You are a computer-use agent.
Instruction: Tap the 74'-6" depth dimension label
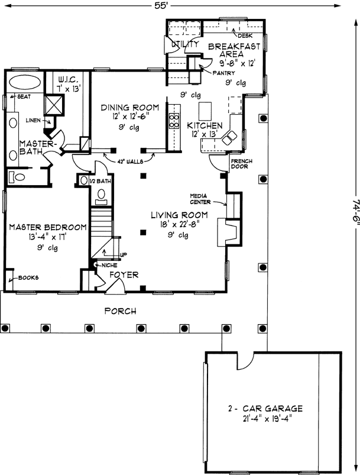coord(353,218)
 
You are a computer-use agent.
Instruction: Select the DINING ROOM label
coord(129,107)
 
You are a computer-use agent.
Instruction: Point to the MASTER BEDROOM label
coord(48,227)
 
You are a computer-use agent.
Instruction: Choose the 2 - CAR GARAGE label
coord(265,408)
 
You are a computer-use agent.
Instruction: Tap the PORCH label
coord(120,311)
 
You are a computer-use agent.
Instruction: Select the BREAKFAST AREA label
coord(235,49)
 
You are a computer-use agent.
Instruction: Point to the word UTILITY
coord(184,44)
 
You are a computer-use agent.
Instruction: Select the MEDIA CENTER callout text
coord(201,198)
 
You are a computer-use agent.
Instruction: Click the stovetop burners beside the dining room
coord(174,121)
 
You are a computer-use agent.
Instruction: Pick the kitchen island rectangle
coord(205,111)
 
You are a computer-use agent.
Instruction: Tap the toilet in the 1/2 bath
coord(100,193)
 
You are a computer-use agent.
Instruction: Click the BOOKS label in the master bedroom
coord(28,277)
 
